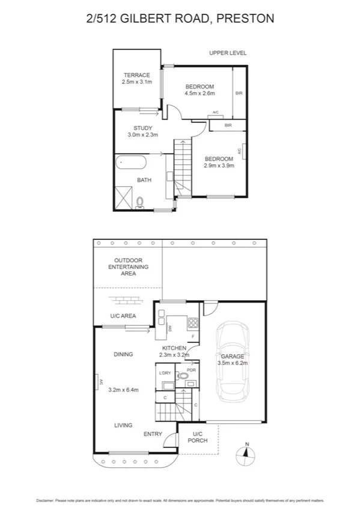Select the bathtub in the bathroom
(130, 162)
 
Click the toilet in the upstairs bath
(141, 202)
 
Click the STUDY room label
(143, 127)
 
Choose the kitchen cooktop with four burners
(194, 322)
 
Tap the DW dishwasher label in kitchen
(171, 328)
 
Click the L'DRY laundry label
(165, 373)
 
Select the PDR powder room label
(191, 370)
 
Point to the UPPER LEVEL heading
(228, 53)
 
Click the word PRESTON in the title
(245, 19)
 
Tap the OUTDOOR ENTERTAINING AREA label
(128, 266)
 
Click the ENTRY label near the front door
(153, 434)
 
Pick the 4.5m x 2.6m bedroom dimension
(200, 93)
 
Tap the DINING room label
(123, 354)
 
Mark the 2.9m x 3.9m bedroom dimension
(218, 165)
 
